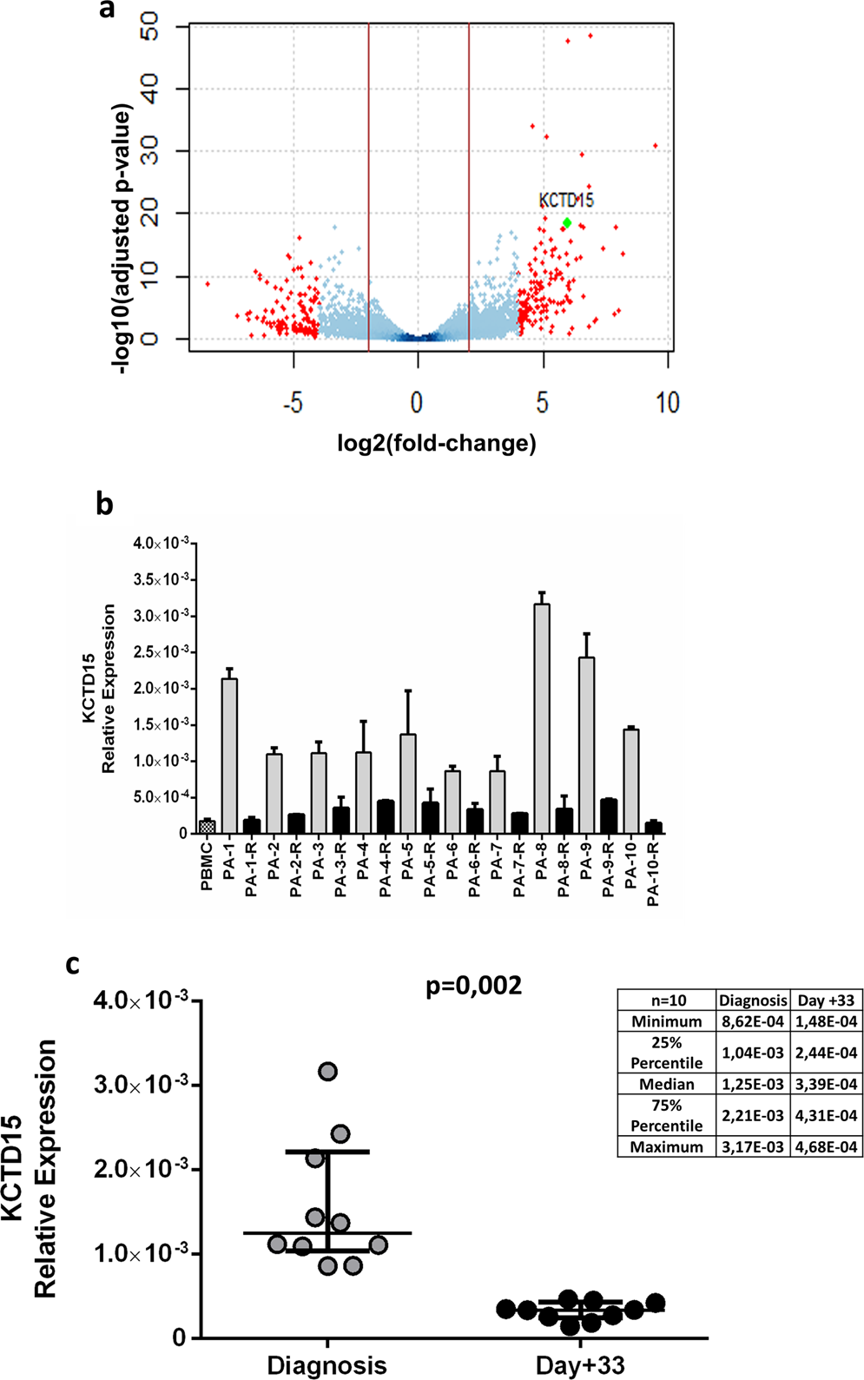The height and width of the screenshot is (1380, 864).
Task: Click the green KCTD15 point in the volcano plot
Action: (x=567, y=223)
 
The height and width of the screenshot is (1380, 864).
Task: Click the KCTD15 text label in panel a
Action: (x=566, y=201)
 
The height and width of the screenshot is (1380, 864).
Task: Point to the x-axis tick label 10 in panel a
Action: (x=667, y=403)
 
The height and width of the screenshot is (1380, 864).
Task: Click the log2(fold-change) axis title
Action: (x=437, y=444)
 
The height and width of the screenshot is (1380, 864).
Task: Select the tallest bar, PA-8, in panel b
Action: (x=542, y=717)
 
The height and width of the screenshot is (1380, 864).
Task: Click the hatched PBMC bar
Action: (x=207, y=826)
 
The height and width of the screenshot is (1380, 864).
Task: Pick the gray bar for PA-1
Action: (x=229, y=756)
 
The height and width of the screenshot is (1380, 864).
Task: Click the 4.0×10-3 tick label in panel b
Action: (x=160, y=543)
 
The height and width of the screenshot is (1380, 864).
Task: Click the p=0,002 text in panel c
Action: (x=474, y=986)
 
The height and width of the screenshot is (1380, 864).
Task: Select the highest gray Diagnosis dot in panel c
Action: (x=327, y=1072)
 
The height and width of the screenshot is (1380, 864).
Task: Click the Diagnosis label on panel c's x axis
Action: (x=326, y=1365)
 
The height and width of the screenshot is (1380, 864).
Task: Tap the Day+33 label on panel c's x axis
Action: (x=580, y=1365)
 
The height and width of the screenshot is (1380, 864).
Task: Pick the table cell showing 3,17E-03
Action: (x=753, y=1147)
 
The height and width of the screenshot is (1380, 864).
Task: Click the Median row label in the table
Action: (x=667, y=1084)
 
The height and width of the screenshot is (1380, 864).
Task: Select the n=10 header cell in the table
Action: (x=667, y=1000)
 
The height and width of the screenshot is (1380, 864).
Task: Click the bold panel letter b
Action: (x=104, y=505)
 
